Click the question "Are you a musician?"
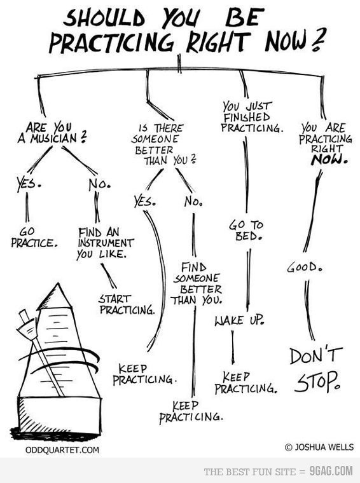pos(52,133)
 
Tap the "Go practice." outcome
pos(34,238)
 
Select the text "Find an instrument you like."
pos(105,243)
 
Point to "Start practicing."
pos(127,304)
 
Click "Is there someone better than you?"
pos(164,144)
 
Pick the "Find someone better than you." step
pos(197,283)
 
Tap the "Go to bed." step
pos(246,231)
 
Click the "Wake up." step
pos(240,320)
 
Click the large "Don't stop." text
pos(316,369)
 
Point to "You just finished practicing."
pos(252,118)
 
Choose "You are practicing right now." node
pos(326,144)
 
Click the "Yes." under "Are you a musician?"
pos(29,183)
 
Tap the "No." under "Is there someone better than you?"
pos(193,201)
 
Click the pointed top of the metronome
pos(57,283)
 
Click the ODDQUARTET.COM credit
pos(62,450)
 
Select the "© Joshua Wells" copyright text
pos(319,447)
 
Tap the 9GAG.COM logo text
pos(331,471)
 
